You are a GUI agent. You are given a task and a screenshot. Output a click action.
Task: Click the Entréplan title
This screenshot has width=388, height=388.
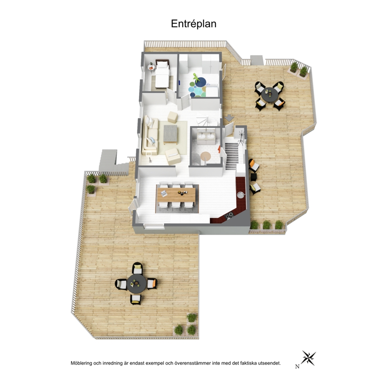click(x=194, y=24)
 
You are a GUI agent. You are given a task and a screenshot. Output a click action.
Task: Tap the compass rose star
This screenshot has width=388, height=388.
click(x=309, y=358)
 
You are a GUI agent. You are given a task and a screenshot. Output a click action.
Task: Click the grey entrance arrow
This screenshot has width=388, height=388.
click(x=230, y=118)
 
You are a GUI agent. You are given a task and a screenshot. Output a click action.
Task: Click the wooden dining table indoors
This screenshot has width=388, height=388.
click(x=176, y=195)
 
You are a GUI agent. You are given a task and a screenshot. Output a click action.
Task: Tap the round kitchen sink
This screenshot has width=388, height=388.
click(x=241, y=195)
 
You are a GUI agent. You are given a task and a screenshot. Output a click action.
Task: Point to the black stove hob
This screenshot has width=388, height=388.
click(x=229, y=216)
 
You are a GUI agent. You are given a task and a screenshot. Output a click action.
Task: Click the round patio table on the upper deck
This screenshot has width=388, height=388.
click(x=270, y=95)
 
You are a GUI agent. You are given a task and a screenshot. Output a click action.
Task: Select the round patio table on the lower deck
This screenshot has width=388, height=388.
click(x=137, y=283)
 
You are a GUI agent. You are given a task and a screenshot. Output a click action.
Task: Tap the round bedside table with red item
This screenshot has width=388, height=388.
click(x=151, y=67)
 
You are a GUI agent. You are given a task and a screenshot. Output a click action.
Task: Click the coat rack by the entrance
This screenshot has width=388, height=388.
click(x=241, y=138)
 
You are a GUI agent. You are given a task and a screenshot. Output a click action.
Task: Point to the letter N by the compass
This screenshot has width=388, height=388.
click(x=297, y=367)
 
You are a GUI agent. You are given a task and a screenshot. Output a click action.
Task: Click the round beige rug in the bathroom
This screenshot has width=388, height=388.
click(x=205, y=156)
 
